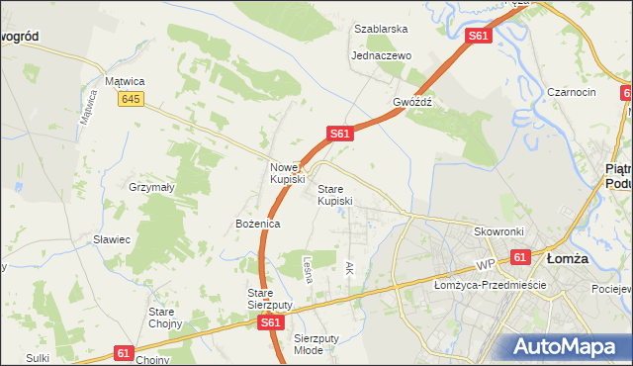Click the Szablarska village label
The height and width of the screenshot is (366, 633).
pyautogui.click(x=381, y=29)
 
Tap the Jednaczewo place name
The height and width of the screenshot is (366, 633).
pyautogui.click(x=381, y=56)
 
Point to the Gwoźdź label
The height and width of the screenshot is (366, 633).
pyautogui.click(x=413, y=102)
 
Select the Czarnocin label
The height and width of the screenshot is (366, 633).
pyautogui.click(x=571, y=92)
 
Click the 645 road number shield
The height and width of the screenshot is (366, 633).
pyautogui.click(x=129, y=99)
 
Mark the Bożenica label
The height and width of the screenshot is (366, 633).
pyautogui.click(x=258, y=225)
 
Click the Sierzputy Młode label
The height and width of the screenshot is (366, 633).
pyautogui.click(x=316, y=343)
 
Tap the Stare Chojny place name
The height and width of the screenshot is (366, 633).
pyautogui.click(x=163, y=318)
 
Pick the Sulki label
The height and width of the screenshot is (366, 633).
pyautogui.click(x=39, y=358)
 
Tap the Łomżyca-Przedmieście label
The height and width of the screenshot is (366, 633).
pyautogui.click(x=491, y=285)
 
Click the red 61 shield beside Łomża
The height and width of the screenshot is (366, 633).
pyautogui.click(x=521, y=257)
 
